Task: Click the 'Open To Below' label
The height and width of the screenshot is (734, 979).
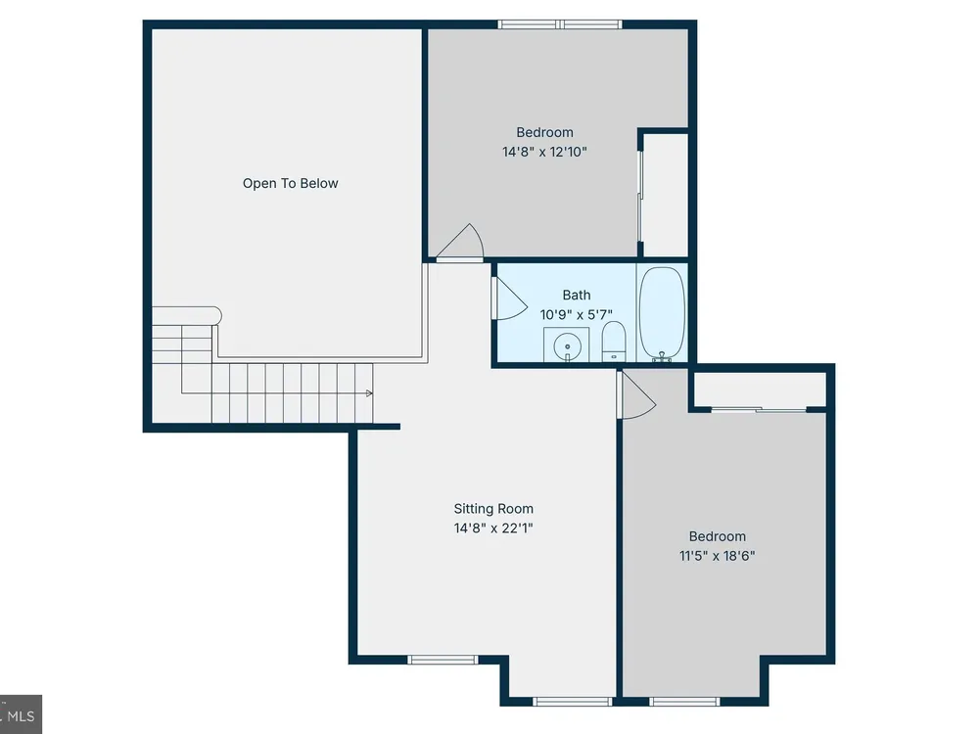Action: pos(291,184)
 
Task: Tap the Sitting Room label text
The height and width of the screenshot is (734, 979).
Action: pos(493,509)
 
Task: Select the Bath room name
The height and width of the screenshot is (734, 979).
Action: pos(577,295)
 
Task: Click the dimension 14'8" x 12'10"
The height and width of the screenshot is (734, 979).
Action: pos(544,152)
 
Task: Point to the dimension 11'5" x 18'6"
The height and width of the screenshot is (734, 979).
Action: pos(717,556)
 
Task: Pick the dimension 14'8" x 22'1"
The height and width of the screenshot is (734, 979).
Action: pos(493,528)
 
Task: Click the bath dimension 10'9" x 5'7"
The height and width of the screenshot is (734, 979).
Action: pos(576,314)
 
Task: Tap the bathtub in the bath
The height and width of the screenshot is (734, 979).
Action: pos(662,313)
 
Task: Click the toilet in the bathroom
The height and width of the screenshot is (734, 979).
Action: pos(614,342)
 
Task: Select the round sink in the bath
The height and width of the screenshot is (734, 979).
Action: pos(567,345)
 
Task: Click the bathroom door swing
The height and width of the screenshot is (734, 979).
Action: pos(511,299)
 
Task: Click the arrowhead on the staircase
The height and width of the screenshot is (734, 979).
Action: pos(369,393)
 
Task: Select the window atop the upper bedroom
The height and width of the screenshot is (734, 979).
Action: pos(560,24)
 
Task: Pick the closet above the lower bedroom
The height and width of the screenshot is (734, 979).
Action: pos(760,390)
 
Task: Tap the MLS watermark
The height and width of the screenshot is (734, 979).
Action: pos(21,715)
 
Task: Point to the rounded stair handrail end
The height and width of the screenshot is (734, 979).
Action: pos(215,316)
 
